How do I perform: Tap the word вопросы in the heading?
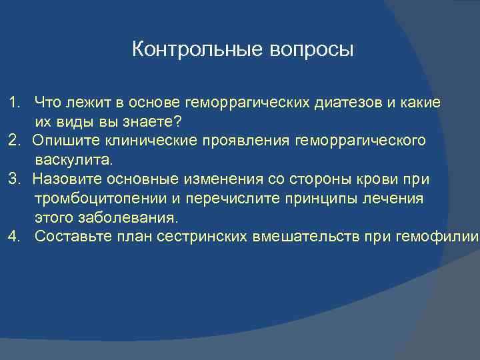click(x=312, y=50)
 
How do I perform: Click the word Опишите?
click(x=63, y=141)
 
